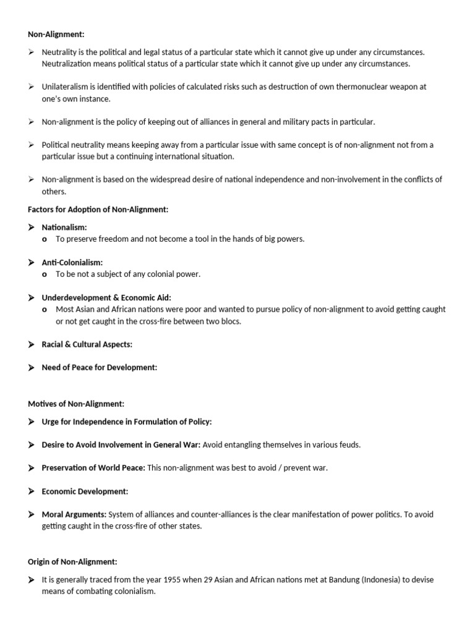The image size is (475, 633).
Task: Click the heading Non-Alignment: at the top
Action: [54, 35]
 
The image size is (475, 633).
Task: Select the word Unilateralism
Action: [66, 87]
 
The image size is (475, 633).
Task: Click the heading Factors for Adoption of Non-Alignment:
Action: [98, 210]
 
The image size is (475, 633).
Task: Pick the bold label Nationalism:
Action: [64, 227]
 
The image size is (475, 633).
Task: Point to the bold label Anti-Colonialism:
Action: [72, 263]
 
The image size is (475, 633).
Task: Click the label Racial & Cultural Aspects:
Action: [87, 344]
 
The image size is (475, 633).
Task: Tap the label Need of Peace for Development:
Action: [100, 368]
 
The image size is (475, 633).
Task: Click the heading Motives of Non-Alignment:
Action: [76, 404]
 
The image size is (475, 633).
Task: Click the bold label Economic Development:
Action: [85, 491]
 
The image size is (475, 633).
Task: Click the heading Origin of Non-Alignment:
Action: [72, 562]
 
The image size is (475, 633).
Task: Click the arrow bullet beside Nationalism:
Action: [32, 227]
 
